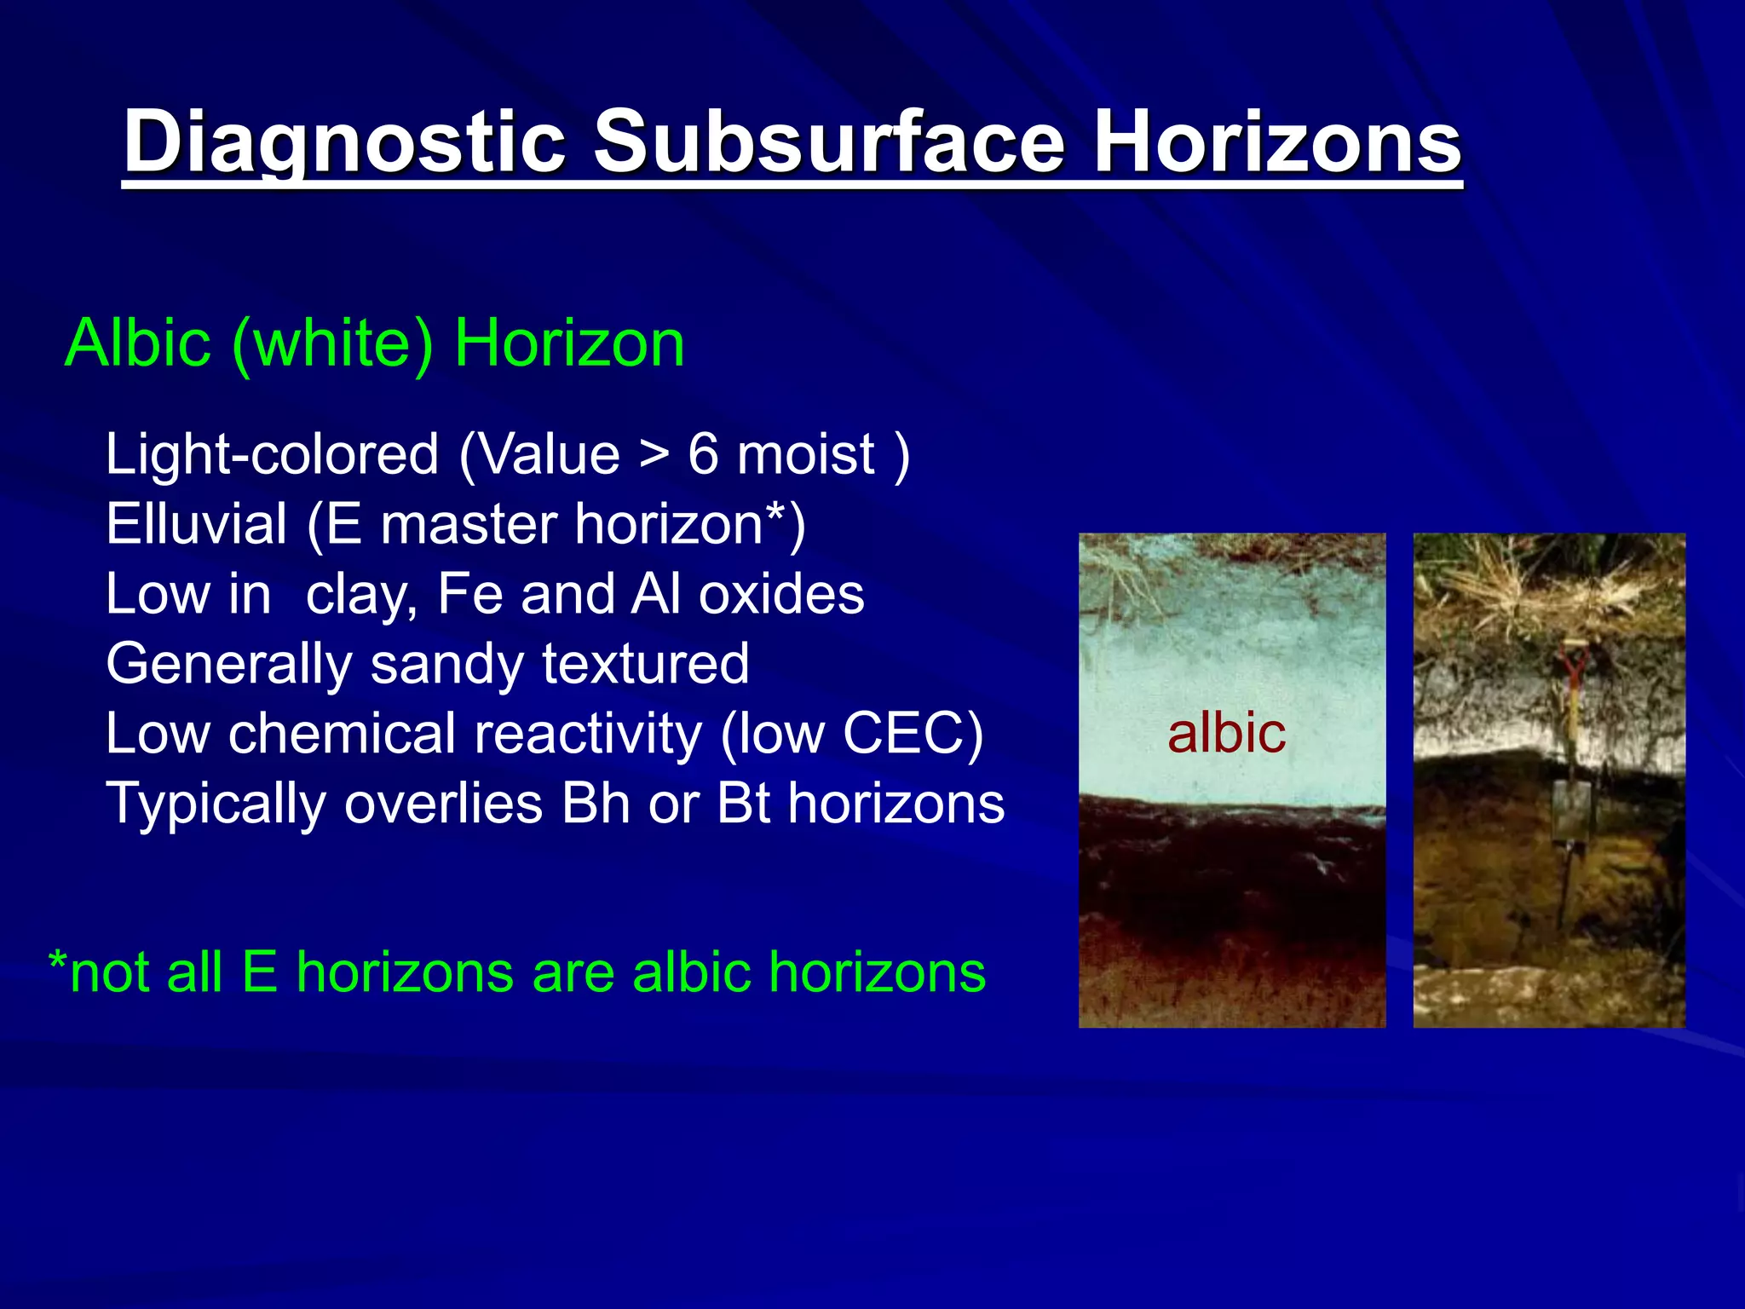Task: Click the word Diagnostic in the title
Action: click(345, 141)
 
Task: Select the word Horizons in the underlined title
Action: click(1277, 141)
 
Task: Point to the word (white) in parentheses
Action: click(332, 343)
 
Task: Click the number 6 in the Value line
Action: click(703, 453)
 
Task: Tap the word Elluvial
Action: click(196, 523)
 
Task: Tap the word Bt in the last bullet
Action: click(743, 803)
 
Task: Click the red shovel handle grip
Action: click(1575, 663)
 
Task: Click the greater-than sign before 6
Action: click(654, 455)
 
